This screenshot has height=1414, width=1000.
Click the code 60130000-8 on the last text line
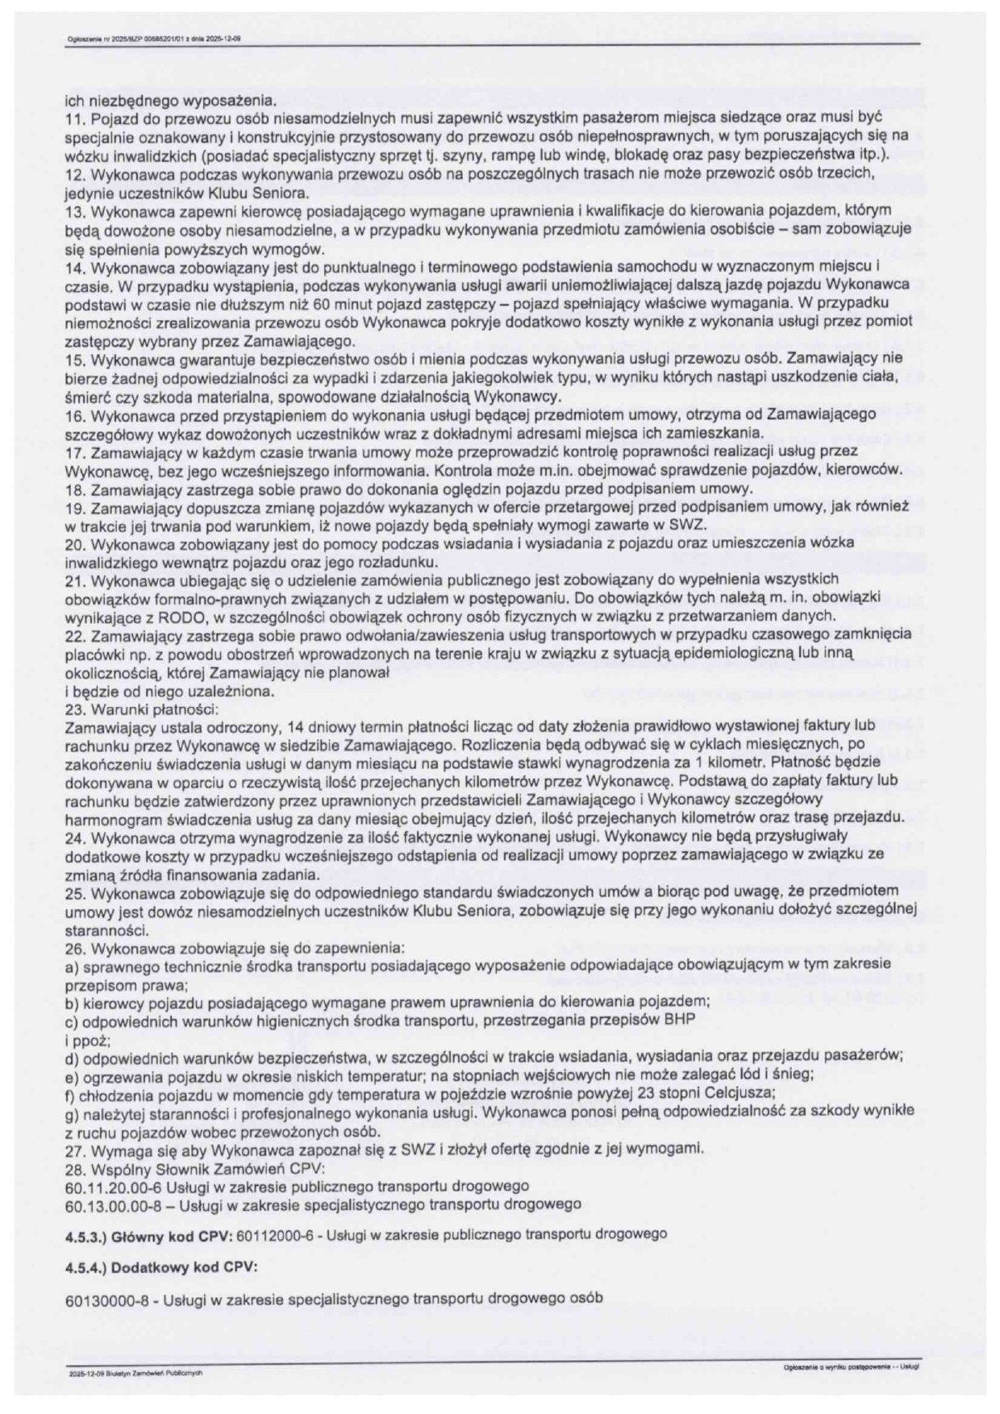click(101, 1299)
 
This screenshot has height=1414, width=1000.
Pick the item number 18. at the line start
click(73, 489)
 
